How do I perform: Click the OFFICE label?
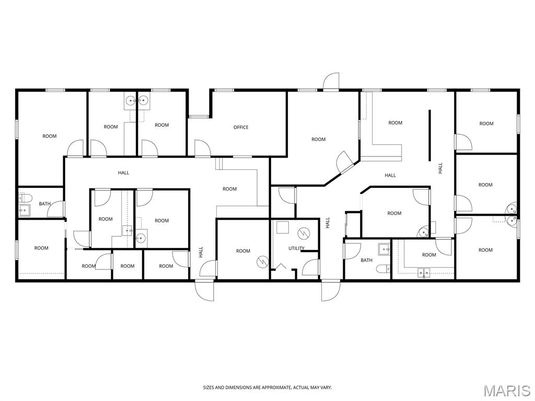coord(241,127)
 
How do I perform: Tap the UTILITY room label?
coord(297,248)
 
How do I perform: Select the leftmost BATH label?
coord(45,204)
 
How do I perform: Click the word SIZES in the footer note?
coord(208,388)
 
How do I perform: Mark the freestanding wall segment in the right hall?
coord(429,135)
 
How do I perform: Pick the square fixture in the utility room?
coord(283,228)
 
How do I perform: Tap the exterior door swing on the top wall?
coord(331,81)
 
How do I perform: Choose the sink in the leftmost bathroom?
coord(24,211)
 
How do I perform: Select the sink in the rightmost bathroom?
coord(384,249)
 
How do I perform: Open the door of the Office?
coord(203,148)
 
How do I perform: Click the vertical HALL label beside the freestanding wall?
coord(440,168)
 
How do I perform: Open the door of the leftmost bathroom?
coord(55,209)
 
